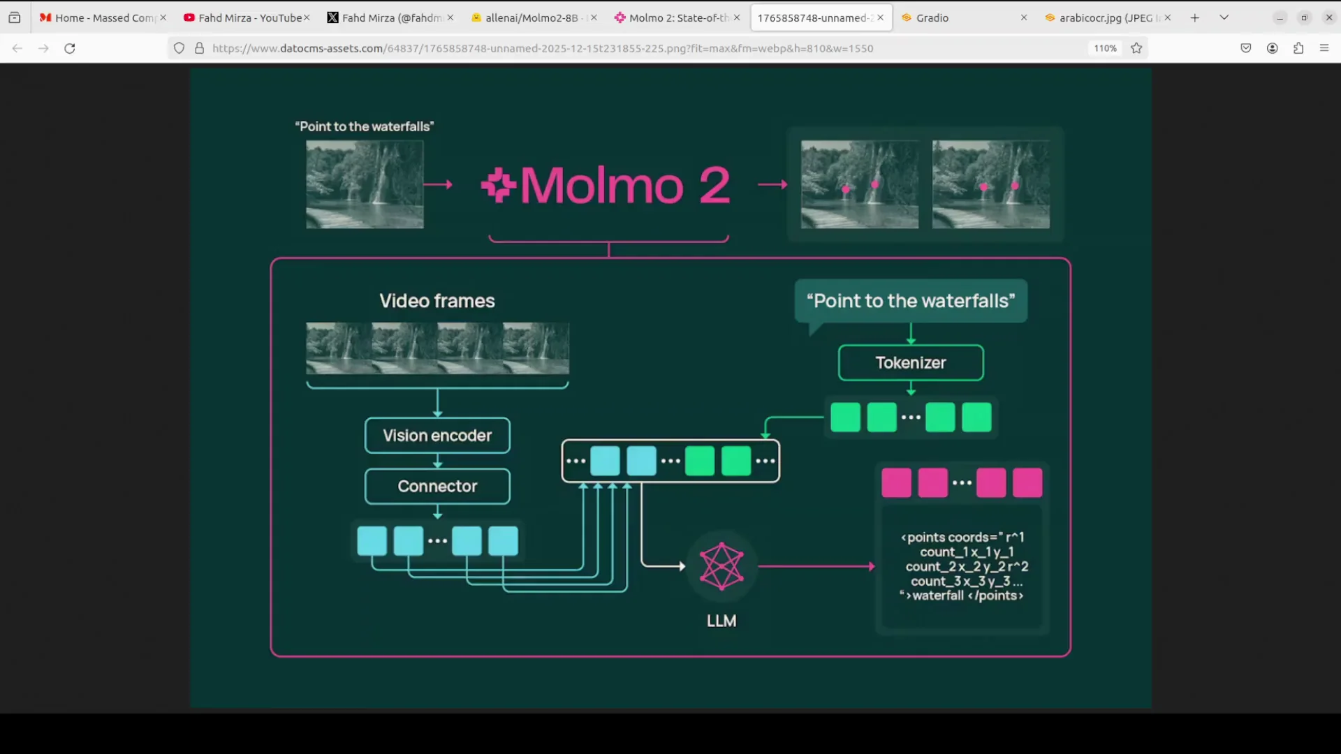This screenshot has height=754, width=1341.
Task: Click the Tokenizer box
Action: [x=911, y=363]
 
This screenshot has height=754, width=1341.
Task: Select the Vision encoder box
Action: [x=437, y=436]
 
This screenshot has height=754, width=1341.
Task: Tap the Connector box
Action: [x=437, y=487]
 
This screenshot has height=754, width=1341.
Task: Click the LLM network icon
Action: [x=721, y=566]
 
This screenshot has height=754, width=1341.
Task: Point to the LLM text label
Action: [x=721, y=621]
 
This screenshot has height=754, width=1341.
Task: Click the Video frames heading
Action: [x=437, y=301]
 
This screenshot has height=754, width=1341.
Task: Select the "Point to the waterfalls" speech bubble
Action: [x=911, y=301]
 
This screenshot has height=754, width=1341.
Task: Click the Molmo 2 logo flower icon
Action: [x=498, y=185]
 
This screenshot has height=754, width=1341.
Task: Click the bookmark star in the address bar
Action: [x=1136, y=48]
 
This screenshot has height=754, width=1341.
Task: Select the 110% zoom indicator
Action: [x=1105, y=48]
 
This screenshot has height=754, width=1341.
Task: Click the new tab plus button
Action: [x=1195, y=18]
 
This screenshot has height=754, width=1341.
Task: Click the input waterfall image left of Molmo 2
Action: [x=365, y=184]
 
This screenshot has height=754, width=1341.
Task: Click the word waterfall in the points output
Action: [x=938, y=596]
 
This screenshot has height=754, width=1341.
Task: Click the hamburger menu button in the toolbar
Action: [x=1324, y=48]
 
